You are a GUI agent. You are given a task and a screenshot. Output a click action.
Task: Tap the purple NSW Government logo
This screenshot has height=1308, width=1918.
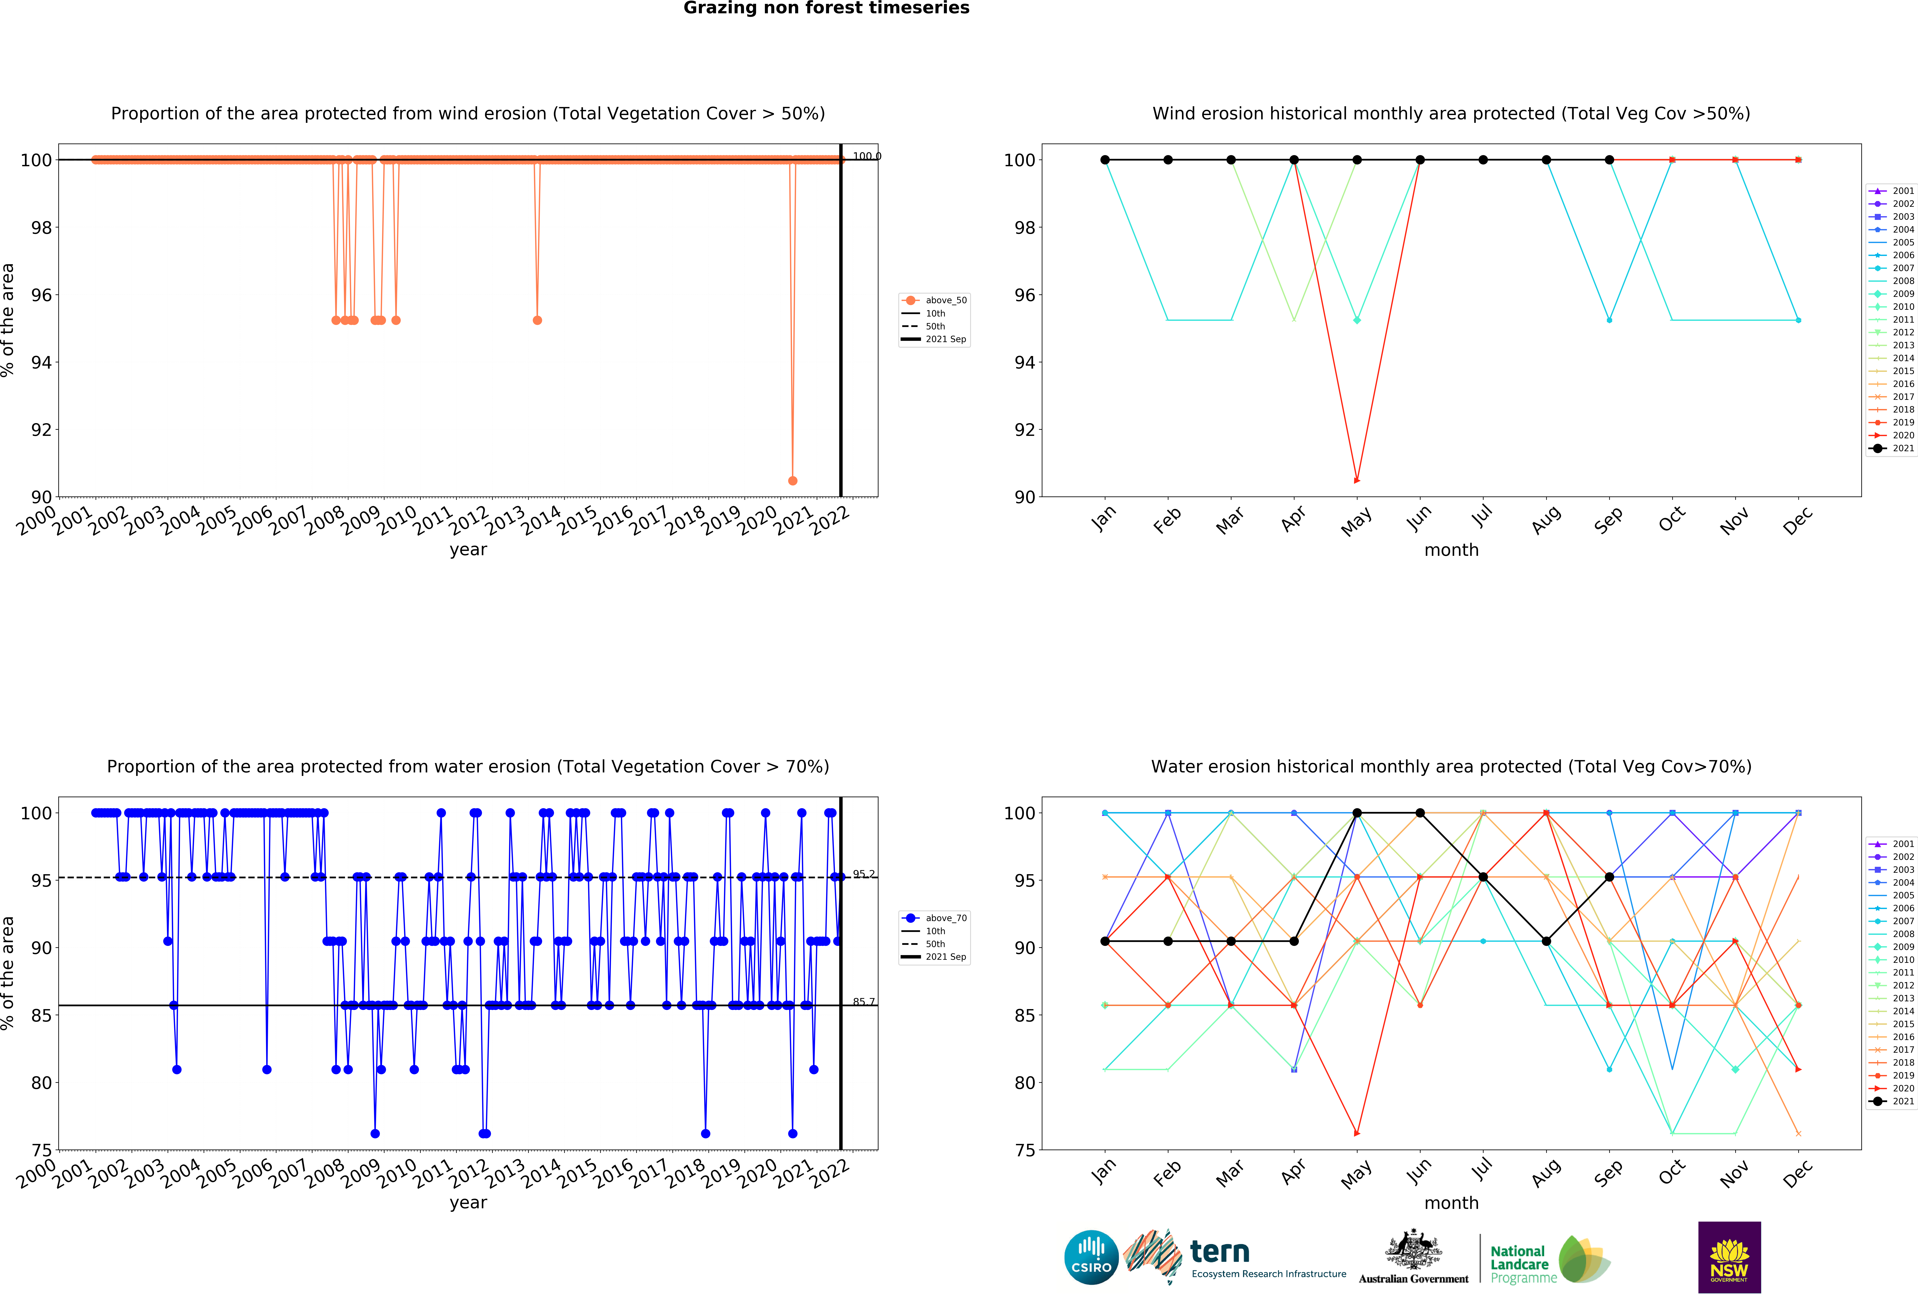point(1729,1257)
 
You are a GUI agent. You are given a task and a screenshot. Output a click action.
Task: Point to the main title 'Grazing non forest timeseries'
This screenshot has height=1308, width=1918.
point(826,8)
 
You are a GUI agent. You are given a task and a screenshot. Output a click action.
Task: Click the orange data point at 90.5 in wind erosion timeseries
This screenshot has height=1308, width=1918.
point(792,480)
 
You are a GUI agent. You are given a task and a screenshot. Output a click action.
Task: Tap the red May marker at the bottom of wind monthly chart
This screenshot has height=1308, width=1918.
point(1357,480)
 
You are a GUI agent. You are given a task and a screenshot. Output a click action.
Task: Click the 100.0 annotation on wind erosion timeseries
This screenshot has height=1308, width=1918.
point(867,156)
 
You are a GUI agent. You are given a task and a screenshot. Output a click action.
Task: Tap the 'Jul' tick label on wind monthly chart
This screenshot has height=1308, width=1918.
point(1482,516)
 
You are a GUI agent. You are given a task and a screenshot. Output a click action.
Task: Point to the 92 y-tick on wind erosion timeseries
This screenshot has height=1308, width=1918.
point(41,429)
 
